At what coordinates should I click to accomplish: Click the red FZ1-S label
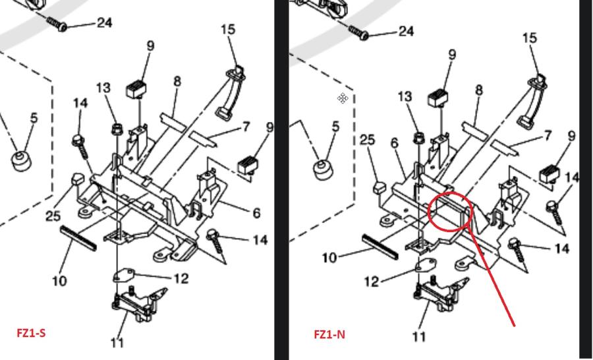tap(31, 333)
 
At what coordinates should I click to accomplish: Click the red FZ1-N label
tap(329, 334)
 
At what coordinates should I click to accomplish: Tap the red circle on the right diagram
tap(450, 211)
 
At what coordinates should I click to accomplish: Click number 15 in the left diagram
tap(228, 30)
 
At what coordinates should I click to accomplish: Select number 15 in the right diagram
tap(529, 38)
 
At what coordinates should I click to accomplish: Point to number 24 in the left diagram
tap(104, 23)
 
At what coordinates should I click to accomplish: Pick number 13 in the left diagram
tap(103, 87)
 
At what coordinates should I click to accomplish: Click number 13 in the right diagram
tap(405, 97)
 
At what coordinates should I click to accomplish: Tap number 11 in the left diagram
tap(117, 342)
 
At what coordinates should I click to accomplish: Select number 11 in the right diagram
tap(418, 337)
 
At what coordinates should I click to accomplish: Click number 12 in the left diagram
tap(181, 278)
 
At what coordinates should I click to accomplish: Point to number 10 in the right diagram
tap(329, 257)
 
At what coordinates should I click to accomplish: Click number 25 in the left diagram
tap(54, 216)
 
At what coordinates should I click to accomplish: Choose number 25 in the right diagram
tap(367, 140)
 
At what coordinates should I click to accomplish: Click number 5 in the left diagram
tap(34, 118)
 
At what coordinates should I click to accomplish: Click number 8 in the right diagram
tap(479, 90)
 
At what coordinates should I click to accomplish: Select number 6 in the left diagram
tap(256, 213)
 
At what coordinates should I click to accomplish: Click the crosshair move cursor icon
tap(343, 98)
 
